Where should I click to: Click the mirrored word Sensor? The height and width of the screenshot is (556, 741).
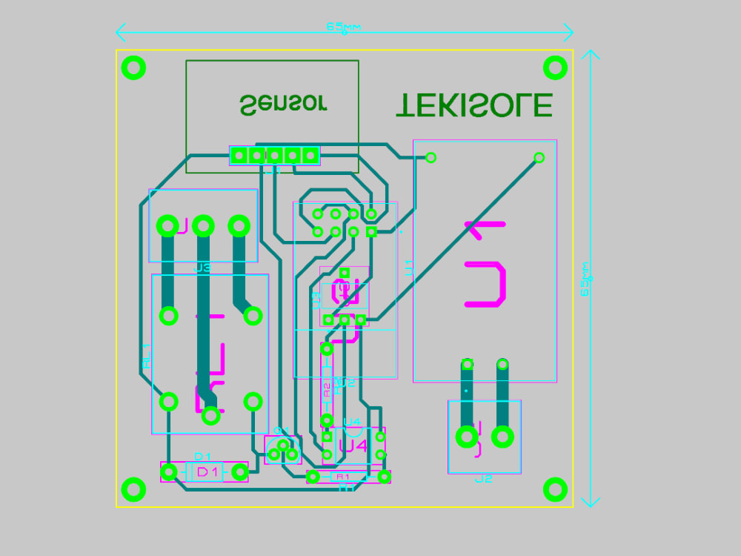point(284,104)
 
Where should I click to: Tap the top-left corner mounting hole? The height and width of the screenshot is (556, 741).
point(133,68)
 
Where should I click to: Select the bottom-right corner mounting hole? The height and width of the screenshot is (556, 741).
point(555,489)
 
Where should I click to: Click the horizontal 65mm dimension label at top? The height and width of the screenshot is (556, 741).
point(344,27)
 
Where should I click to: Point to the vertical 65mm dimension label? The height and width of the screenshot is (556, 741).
point(585,279)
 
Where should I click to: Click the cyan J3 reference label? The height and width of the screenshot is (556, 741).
point(202,268)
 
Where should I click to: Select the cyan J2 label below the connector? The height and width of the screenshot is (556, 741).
point(483,479)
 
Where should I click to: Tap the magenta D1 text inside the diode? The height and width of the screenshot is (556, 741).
point(207,471)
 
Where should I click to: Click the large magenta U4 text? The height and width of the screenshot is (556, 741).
point(353,446)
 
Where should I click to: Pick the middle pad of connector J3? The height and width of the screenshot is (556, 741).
point(203,225)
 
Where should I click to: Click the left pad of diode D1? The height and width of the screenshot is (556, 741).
point(169,471)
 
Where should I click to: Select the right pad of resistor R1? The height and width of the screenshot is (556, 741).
point(384,477)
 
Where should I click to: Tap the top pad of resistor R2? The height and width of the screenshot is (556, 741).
point(327,348)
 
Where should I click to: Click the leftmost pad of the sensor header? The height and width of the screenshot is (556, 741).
point(239,156)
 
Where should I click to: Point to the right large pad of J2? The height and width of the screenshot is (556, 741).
point(502,437)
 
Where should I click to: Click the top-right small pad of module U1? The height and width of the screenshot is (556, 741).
point(539,157)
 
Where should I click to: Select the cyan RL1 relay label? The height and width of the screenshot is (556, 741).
point(146,356)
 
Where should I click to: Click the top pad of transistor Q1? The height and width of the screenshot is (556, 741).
point(283,444)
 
